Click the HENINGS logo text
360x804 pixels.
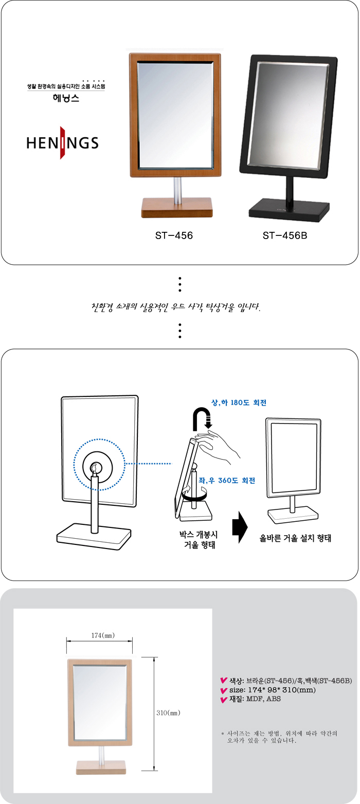[x=62, y=143]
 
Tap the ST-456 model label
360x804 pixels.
[x=174, y=235]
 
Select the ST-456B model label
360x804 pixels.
[x=285, y=235]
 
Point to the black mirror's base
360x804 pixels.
[x=290, y=211]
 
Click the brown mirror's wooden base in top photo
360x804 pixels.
[x=177, y=208]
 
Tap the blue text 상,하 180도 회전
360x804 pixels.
[x=239, y=403]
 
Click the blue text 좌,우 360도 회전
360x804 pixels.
[x=227, y=480]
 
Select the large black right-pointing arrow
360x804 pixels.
[x=240, y=527]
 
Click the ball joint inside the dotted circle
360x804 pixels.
[x=96, y=467]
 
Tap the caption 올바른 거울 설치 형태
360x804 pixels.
[x=295, y=538]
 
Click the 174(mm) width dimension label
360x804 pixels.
[x=103, y=635]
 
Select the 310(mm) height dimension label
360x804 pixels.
[x=168, y=713]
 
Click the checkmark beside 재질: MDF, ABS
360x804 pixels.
[x=224, y=700]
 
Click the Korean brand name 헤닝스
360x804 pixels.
[x=66, y=98]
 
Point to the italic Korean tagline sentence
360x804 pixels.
[x=176, y=307]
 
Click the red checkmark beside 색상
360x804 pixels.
[x=224, y=680]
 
